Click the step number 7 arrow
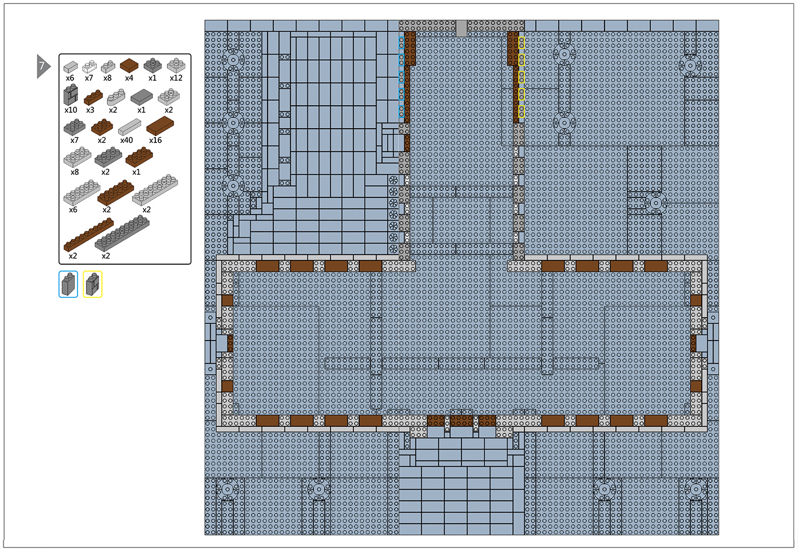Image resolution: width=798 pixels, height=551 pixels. (x=43, y=66)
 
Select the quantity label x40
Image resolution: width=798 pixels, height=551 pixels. (x=126, y=141)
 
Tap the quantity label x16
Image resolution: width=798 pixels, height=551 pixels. (x=155, y=141)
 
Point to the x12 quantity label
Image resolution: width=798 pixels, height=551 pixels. (x=176, y=78)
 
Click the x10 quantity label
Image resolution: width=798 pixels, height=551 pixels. (x=71, y=110)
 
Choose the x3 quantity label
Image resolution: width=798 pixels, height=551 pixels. (x=90, y=110)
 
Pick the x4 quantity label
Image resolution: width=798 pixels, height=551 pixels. (x=129, y=78)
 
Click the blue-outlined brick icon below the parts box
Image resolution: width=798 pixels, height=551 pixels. (x=68, y=284)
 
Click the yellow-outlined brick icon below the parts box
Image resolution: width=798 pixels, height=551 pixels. (x=93, y=284)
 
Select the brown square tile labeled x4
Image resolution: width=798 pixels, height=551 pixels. (x=129, y=65)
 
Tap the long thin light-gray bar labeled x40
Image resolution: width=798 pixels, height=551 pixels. (x=129, y=127)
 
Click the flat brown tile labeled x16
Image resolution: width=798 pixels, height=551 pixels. (x=160, y=125)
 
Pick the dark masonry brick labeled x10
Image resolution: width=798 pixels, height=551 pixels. (x=71, y=94)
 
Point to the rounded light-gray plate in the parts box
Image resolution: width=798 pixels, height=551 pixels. (x=116, y=97)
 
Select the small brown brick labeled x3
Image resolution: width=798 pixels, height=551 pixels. (x=93, y=97)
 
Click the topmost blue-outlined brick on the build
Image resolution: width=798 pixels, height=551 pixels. (x=401, y=43)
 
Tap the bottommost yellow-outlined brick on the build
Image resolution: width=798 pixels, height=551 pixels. (x=521, y=111)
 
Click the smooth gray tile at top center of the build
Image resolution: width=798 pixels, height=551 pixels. (x=462, y=28)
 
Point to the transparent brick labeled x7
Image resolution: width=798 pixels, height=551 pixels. (x=89, y=66)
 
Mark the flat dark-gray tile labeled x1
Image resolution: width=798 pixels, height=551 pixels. (x=141, y=97)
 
